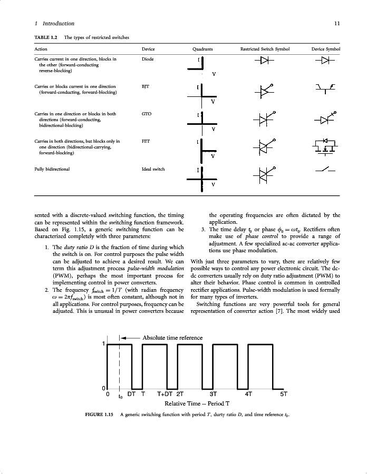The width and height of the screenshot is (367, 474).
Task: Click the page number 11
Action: click(337, 24)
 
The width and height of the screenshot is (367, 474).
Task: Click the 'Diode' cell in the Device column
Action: click(148, 59)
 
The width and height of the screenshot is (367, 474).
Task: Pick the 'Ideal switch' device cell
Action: click(153, 169)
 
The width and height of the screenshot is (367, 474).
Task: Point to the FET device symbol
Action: click(325, 147)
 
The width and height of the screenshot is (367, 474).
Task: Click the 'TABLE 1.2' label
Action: click(46, 37)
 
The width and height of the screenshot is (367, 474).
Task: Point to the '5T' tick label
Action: click(283, 393)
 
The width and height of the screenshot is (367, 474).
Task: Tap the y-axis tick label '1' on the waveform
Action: click(104, 344)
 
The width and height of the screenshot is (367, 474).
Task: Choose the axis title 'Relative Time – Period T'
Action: click(197, 404)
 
